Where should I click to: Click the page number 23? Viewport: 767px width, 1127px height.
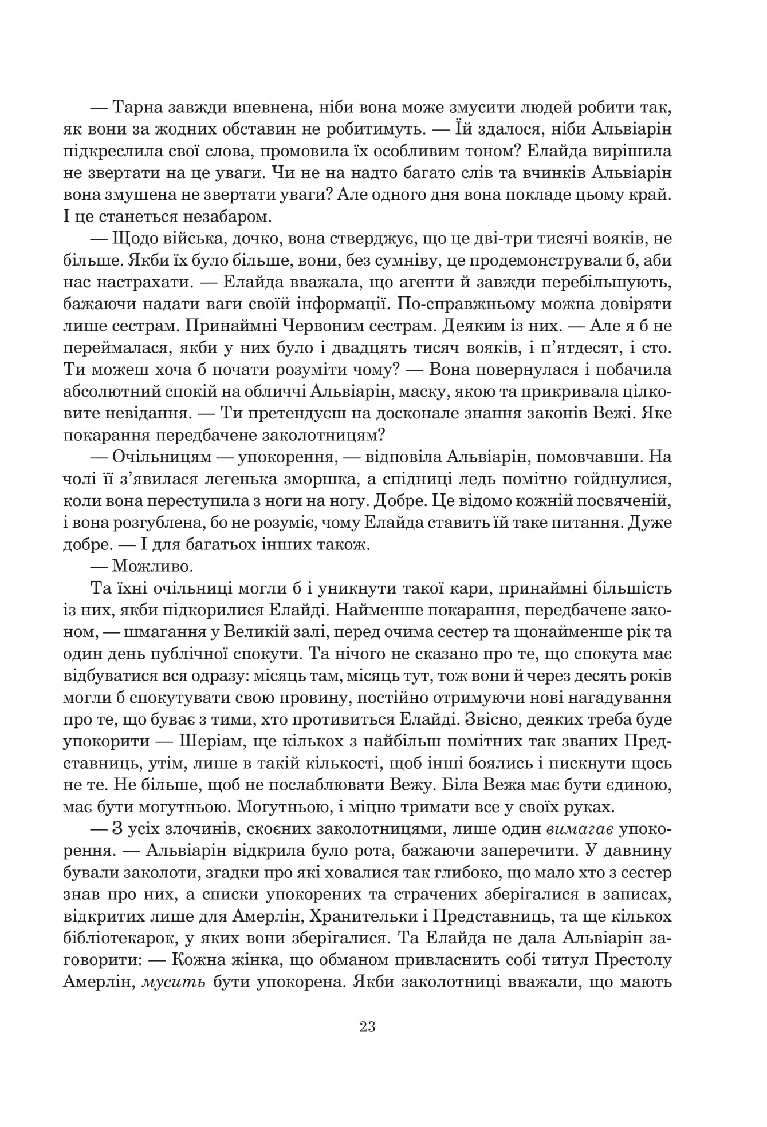(x=368, y=1026)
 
